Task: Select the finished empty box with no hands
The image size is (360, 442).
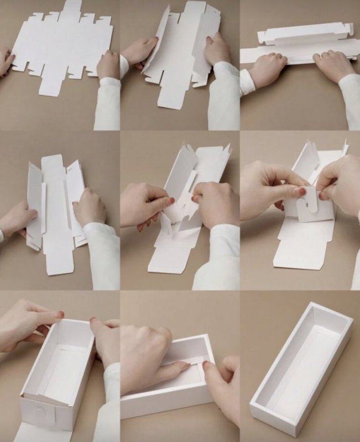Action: (301, 365)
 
